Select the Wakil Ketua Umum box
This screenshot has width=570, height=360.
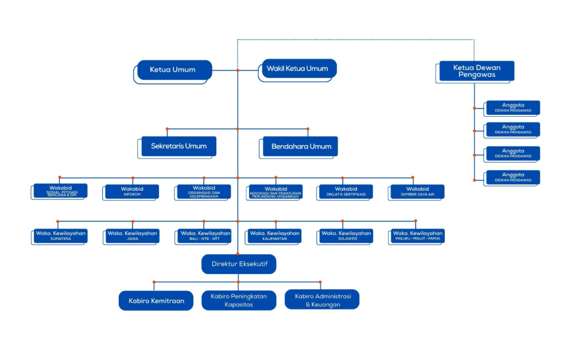(x=298, y=69)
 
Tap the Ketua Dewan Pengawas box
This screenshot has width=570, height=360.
(x=476, y=71)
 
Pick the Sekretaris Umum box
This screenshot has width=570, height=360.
(x=179, y=146)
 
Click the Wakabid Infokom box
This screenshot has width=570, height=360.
(x=132, y=191)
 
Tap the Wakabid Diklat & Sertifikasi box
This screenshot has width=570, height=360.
(x=346, y=191)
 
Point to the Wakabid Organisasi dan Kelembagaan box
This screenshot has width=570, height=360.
(x=203, y=191)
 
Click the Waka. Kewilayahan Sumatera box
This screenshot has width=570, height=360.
(x=60, y=235)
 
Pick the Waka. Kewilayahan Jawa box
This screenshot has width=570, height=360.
(x=132, y=235)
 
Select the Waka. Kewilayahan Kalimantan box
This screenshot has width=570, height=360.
(x=274, y=235)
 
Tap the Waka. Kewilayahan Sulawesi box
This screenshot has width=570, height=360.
(x=346, y=235)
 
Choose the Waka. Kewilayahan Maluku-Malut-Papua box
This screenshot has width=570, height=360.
(x=417, y=235)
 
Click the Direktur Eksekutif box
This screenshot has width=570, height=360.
(x=239, y=264)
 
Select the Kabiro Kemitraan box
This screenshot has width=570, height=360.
(x=156, y=300)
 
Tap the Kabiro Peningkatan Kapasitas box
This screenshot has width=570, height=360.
(x=239, y=300)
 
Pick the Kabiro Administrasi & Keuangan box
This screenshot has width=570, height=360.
(x=322, y=300)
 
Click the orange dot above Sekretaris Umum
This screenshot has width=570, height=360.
(x=167, y=129)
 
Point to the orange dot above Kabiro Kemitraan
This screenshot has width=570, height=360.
(x=154, y=281)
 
